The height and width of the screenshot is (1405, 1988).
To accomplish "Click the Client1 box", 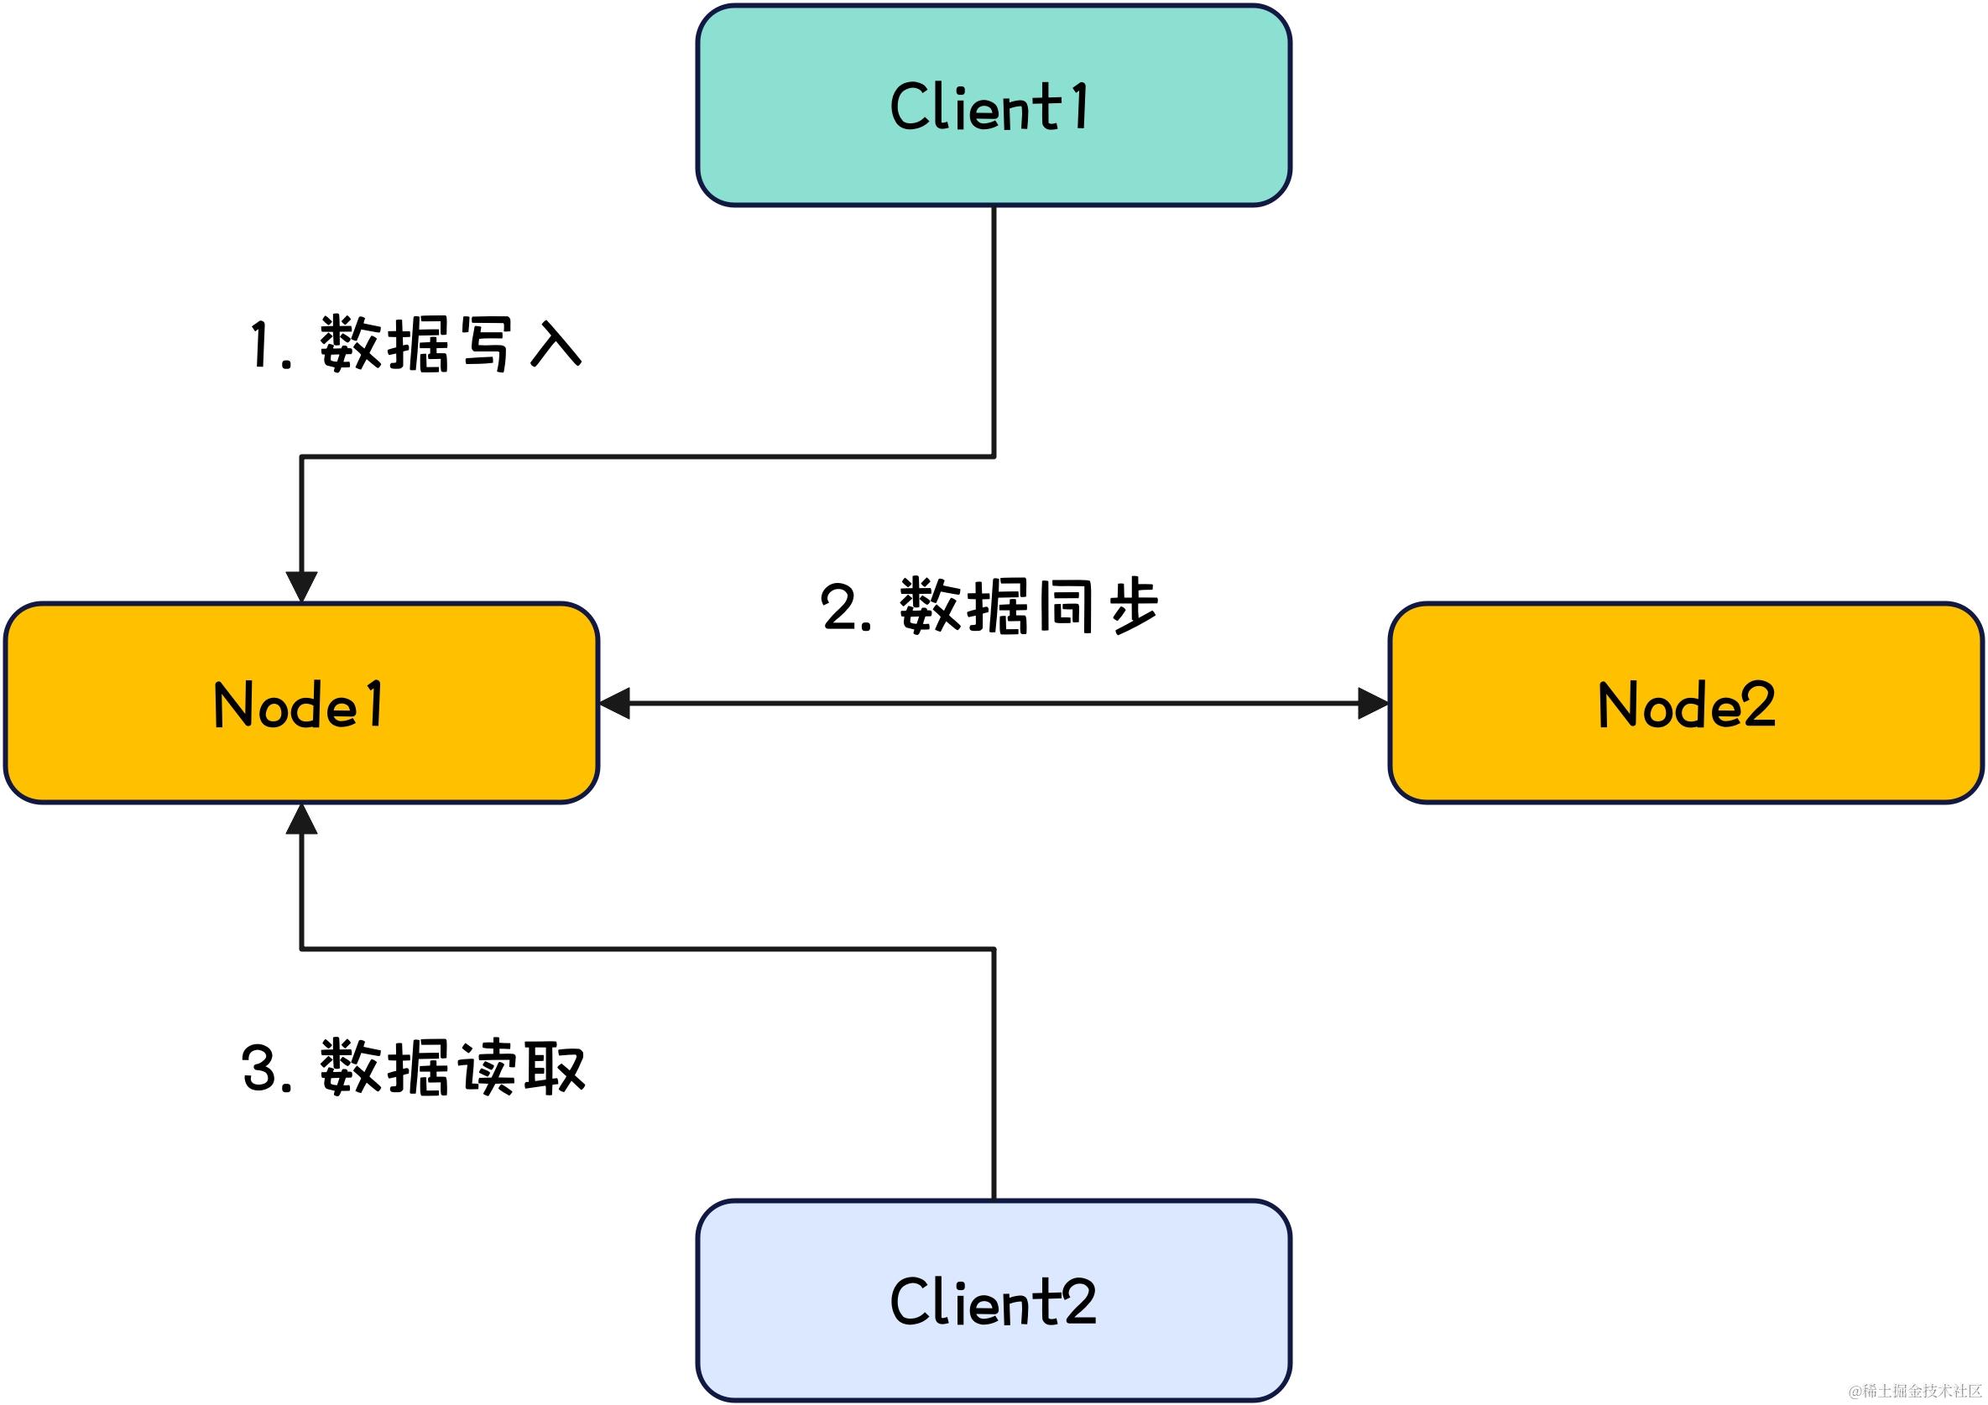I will pos(993,106).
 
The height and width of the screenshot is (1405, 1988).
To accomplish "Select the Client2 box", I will pos(993,1300).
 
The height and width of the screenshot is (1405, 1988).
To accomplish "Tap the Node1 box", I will pos(300,703).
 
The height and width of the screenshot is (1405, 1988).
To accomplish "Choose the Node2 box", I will pos(1686,703).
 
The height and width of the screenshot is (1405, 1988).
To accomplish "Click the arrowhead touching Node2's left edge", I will pos(1372,704).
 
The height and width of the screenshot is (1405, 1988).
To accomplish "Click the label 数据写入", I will pos(451,345).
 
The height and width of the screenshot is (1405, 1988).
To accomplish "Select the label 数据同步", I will pos(1029,606).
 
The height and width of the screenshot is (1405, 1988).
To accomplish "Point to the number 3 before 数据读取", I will pos(260,1069).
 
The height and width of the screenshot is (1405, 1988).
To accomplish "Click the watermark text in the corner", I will pos(1914,1391).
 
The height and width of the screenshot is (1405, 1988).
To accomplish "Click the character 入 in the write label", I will pos(555,345).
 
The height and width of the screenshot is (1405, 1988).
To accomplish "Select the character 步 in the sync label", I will pos(1134,606).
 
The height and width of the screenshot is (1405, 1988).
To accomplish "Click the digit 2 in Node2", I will pos(1758,704).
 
